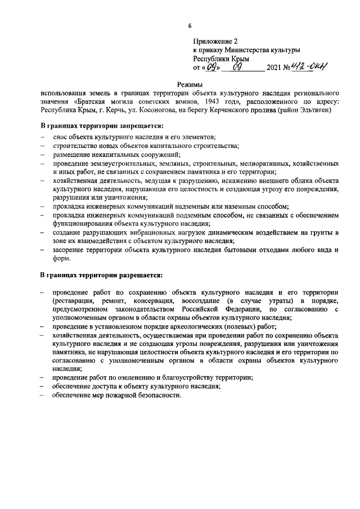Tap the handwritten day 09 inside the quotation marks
(210, 68)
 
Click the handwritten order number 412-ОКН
(309, 67)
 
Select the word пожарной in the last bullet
(126, 395)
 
